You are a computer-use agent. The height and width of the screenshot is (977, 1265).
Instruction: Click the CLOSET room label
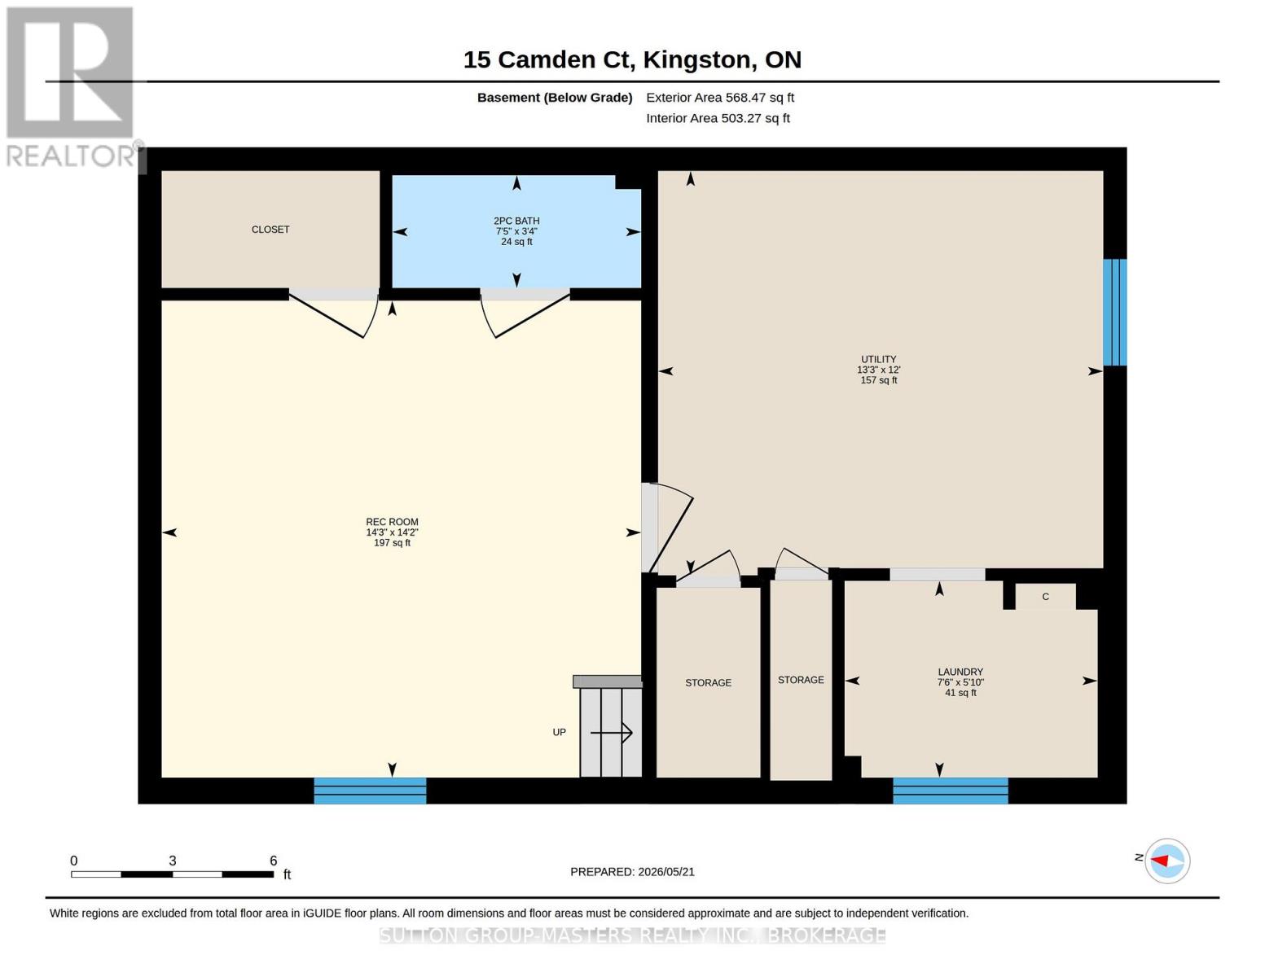270,230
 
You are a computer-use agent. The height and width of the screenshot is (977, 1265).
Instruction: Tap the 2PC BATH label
516,221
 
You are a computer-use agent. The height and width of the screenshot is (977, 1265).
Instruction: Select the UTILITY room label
878,359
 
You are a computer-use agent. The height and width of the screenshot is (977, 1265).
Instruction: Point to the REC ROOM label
392,522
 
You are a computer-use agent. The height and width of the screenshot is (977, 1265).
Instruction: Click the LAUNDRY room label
960,672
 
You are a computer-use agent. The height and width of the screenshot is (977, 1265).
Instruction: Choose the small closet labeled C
1046,597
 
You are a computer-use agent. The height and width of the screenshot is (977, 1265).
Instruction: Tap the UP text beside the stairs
559,732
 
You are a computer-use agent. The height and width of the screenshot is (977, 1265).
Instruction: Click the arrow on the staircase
611,733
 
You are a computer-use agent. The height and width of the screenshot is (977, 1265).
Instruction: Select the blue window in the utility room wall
1115,312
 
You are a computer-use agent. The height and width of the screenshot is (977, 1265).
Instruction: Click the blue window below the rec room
371,791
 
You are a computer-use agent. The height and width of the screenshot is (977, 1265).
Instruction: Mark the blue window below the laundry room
950,791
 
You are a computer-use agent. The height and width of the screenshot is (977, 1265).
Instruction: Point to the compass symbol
1167,861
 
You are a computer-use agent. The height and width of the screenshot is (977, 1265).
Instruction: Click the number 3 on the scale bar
173,860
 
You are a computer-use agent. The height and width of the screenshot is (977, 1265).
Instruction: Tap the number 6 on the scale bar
273,860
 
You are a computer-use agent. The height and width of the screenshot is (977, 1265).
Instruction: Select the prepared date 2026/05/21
666,872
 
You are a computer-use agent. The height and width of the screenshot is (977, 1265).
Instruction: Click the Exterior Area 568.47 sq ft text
720,98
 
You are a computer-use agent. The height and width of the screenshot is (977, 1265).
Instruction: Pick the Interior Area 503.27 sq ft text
718,118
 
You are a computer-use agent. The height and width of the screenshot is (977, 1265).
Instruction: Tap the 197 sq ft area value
392,543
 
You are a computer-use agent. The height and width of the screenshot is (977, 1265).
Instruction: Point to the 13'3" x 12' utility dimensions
878,370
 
